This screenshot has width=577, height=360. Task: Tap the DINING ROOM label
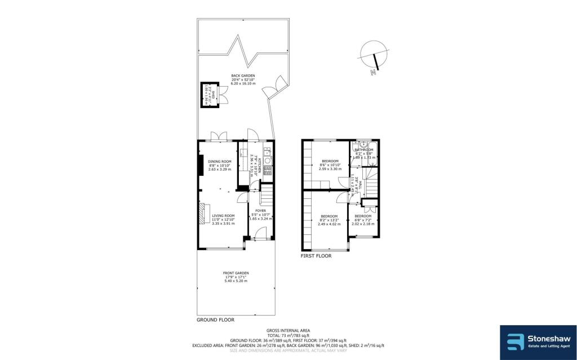pos(220,161)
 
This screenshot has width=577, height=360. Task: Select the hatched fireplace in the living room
pos(202,214)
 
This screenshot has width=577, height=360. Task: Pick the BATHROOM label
pos(364,150)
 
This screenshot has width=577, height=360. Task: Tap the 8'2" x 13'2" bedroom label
pos(329,217)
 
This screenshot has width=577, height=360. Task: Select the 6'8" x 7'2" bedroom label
pos(363,216)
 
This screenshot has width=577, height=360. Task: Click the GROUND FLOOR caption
pos(215,319)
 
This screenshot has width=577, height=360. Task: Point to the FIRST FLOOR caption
pos(316,255)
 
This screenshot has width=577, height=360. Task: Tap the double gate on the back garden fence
pos(277,85)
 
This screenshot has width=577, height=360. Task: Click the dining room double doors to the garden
pos(216,137)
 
